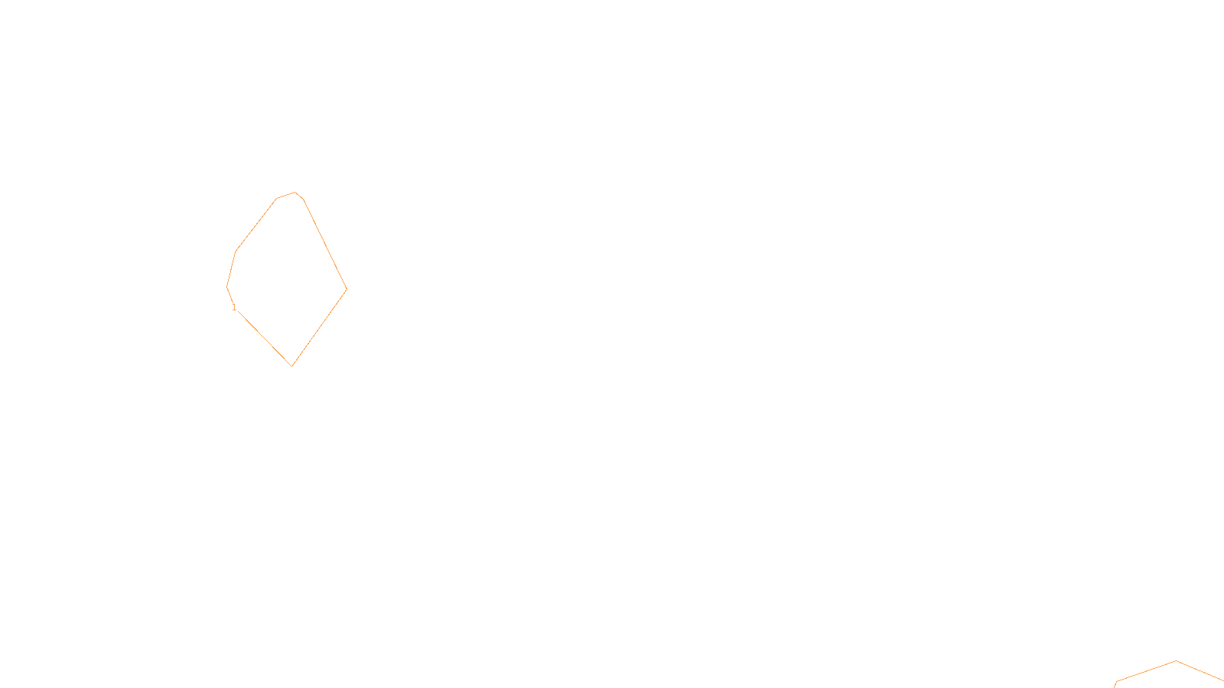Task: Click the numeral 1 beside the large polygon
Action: point(234,307)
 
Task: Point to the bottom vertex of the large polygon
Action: point(292,366)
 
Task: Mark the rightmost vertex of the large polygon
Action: point(347,289)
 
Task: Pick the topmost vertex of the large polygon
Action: point(295,193)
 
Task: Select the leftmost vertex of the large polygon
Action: point(227,287)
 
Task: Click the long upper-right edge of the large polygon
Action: point(325,244)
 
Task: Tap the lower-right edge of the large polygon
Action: point(320,327)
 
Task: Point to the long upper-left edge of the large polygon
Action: point(256,225)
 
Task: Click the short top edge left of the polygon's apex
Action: point(285,196)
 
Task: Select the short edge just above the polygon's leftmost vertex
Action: point(231,269)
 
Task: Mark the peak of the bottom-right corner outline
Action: point(1176,661)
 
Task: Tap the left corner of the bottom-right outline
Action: point(1116,681)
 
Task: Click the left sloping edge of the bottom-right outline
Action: point(1146,671)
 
